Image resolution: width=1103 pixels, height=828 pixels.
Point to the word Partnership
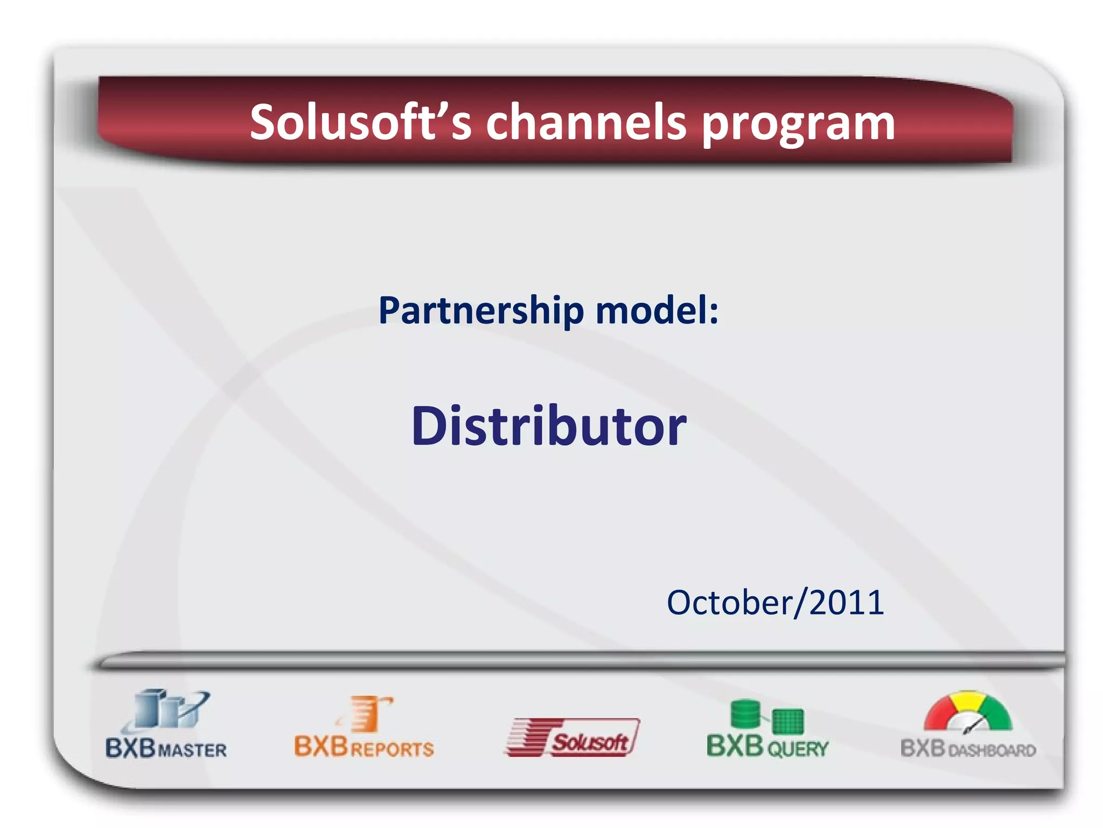pyautogui.click(x=481, y=311)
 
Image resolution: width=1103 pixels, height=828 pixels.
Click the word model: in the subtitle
pyautogui.click(x=657, y=311)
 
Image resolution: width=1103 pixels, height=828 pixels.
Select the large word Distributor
pyautogui.click(x=548, y=426)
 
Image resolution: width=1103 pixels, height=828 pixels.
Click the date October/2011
pyautogui.click(x=775, y=602)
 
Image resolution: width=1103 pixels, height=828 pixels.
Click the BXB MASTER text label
pyautogui.click(x=166, y=749)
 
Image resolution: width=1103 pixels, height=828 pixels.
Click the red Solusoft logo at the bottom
pyautogui.click(x=573, y=737)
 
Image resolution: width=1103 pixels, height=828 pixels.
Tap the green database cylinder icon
pyautogui.click(x=745, y=714)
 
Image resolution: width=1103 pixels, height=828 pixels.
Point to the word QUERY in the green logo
pyautogui.click(x=798, y=749)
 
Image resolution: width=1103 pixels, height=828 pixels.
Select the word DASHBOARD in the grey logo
pyautogui.click(x=992, y=750)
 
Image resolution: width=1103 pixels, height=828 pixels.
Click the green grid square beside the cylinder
pyautogui.click(x=787, y=721)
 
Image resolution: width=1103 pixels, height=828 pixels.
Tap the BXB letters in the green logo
pyautogui.click(x=735, y=747)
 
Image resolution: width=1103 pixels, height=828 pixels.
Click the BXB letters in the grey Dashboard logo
pyautogui.click(x=923, y=748)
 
